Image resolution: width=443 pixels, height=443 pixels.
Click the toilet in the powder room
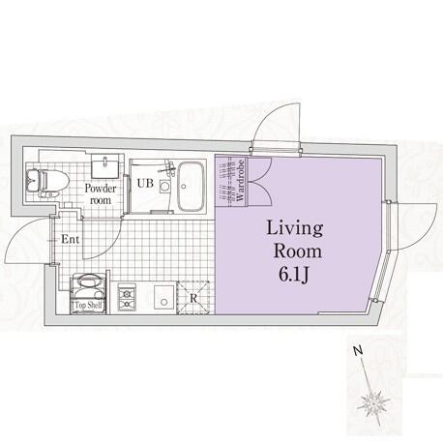click(x=47, y=181)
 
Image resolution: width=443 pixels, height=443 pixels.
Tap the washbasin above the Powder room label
click(x=104, y=166)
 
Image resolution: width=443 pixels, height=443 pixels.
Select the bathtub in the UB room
click(x=192, y=187)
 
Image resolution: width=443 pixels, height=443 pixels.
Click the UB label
click(x=145, y=183)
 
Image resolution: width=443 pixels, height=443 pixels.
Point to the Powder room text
click(x=101, y=193)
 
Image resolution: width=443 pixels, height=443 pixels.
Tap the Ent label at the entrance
click(x=71, y=239)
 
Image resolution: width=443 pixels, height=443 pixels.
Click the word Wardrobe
click(x=240, y=181)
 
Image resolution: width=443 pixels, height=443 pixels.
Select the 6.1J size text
click(x=294, y=275)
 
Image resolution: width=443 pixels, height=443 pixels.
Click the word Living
click(x=295, y=229)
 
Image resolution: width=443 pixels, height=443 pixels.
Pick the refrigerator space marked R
click(x=193, y=298)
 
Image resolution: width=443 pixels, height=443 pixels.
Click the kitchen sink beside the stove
click(x=164, y=297)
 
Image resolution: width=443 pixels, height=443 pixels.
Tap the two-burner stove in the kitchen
click(x=127, y=297)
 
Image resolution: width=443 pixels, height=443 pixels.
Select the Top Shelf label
click(x=88, y=305)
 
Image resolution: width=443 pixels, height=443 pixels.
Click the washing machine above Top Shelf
click(x=88, y=287)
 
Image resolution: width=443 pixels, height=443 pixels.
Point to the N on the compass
click(x=357, y=350)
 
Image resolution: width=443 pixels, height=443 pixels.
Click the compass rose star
click(x=373, y=403)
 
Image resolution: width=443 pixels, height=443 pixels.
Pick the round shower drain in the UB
click(x=164, y=186)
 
